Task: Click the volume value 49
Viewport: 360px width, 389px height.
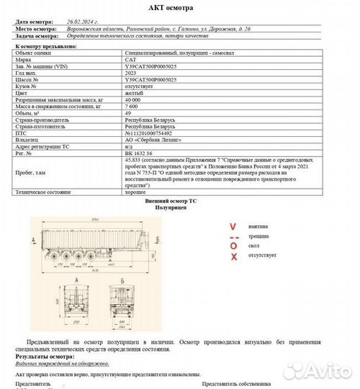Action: pos(129,113)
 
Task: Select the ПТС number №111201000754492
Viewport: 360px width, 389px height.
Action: pos(153,133)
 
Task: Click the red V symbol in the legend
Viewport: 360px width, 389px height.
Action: pos(233,225)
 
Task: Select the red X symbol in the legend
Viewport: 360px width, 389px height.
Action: pos(233,256)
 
